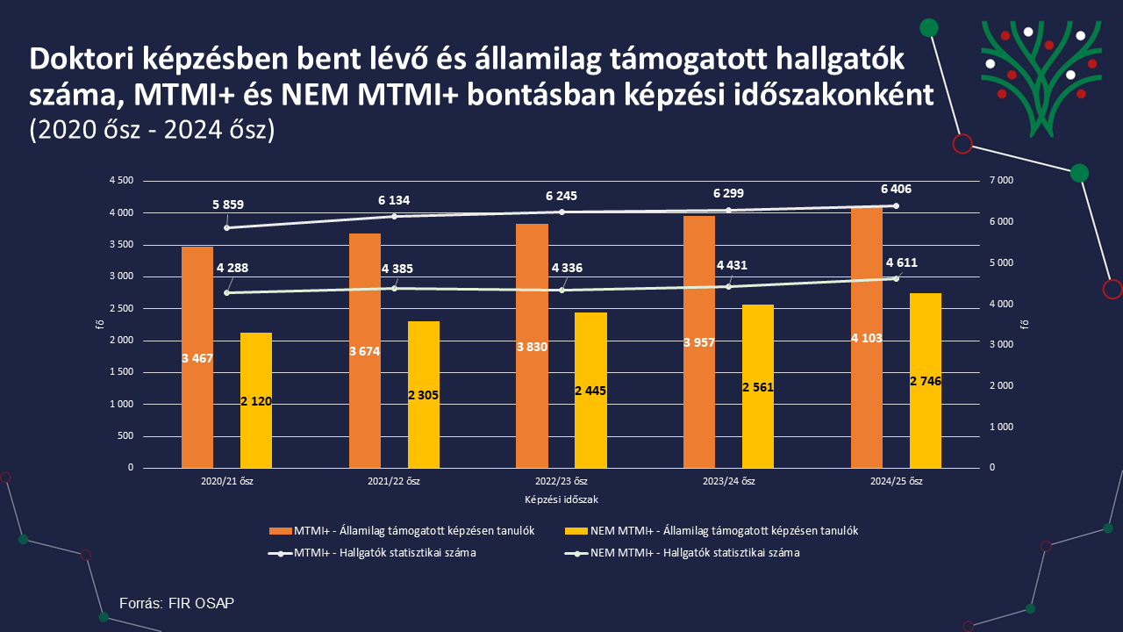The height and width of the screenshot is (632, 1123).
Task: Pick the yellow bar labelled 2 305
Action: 423,395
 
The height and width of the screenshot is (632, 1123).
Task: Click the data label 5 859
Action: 228,205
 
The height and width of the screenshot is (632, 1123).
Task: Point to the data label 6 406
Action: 897,189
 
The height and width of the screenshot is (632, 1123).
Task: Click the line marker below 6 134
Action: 394,216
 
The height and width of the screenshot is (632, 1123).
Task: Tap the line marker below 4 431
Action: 728,286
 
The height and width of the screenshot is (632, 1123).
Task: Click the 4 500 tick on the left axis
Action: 121,181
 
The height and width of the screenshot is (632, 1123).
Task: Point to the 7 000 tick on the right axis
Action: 1001,181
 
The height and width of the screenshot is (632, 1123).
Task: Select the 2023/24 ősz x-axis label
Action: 729,482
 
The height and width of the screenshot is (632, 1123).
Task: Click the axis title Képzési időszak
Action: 561,499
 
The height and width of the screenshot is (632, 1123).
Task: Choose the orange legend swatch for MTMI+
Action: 279,531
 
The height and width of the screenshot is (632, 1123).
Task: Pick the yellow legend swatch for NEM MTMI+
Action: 576,531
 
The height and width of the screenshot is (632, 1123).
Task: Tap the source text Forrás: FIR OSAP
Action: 177,603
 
